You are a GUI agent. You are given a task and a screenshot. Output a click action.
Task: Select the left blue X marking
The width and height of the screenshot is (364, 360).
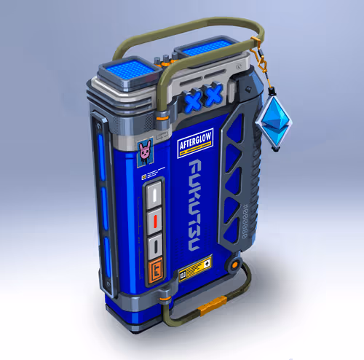[x=193, y=101]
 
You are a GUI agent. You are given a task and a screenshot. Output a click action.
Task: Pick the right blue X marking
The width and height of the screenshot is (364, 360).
[x=213, y=94]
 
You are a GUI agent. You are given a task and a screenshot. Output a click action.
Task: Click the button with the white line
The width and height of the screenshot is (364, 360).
[x=154, y=195]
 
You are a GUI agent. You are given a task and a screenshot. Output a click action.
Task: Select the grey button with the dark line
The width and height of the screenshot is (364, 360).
[x=154, y=243]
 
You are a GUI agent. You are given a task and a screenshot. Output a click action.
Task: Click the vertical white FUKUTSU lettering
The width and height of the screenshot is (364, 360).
[x=196, y=208]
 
